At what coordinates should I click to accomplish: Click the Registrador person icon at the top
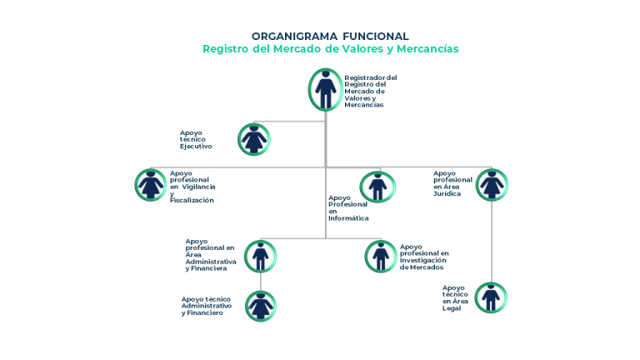pos(325,90)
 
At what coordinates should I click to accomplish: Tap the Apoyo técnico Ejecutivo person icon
pos(254,140)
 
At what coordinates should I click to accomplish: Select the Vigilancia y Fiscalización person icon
pos(151,185)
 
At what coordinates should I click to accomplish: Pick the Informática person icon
pos(377,187)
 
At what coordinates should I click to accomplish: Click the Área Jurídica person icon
pos(492,185)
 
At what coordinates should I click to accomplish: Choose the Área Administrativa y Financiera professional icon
pos(260,257)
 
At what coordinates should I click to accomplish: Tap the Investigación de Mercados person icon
pos(380,257)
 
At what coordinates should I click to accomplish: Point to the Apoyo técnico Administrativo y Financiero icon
pos(261,306)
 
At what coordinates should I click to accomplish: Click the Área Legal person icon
pos(491,297)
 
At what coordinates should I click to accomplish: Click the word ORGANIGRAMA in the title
pos(295,37)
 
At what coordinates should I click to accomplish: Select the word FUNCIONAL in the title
pos(376,37)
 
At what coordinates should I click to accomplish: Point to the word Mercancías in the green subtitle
pos(427,48)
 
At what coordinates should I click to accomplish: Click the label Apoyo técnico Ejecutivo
pos(196,140)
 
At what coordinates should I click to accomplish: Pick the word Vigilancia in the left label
pos(199,187)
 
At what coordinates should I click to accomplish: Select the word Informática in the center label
pos(348,218)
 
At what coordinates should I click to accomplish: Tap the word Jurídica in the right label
pos(447,194)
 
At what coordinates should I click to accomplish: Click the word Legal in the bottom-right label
pos(452,308)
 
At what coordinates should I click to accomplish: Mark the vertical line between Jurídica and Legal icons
pos(492,242)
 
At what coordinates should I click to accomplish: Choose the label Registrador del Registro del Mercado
pos(371,91)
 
